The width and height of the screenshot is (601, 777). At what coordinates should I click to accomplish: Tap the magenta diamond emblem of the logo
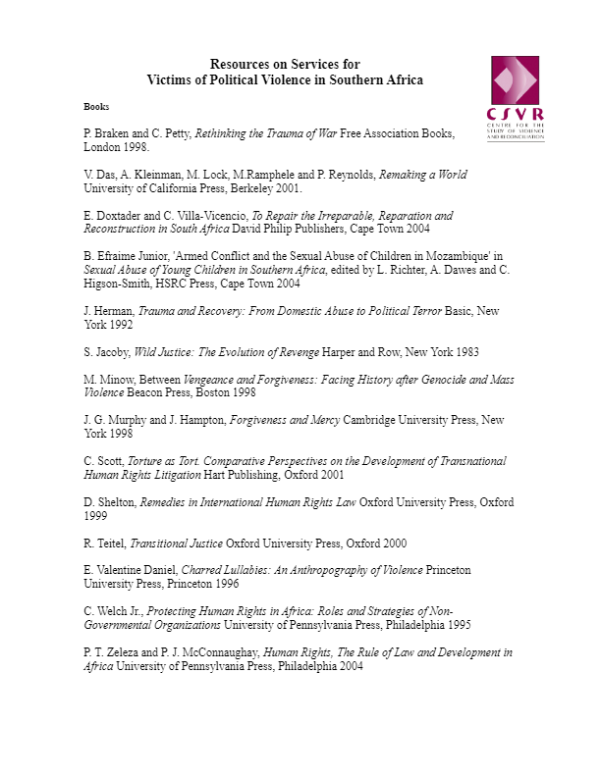pyautogui.click(x=516, y=79)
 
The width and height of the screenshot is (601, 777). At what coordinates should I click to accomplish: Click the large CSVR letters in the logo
pyautogui.click(x=516, y=113)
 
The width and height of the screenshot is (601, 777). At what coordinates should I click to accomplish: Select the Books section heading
pyautogui.click(x=96, y=105)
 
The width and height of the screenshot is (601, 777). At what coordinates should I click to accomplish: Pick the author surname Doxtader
pyautogui.click(x=118, y=215)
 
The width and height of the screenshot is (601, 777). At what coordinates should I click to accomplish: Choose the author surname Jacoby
pyautogui.click(x=113, y=351)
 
